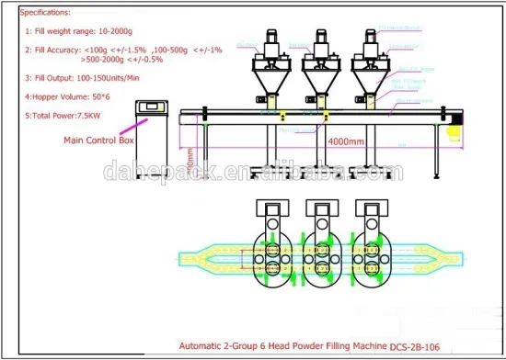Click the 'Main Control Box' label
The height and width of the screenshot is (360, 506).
[x=99, y=141]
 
